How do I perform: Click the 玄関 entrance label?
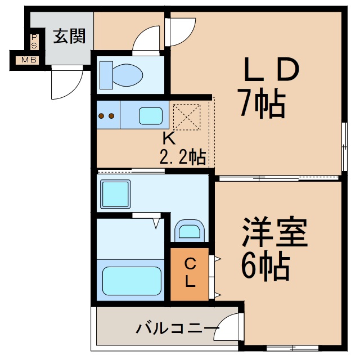[x=69, y=37]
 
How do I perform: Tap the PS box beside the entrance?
[x=34, y=41]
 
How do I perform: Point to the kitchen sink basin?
[x=150, y=115]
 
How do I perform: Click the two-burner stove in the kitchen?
[x=106, y=116]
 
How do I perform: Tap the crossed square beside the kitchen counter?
[x=187, y=116]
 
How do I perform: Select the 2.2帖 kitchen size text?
[x=182, y=157]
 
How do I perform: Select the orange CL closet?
[x=190, y=273]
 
